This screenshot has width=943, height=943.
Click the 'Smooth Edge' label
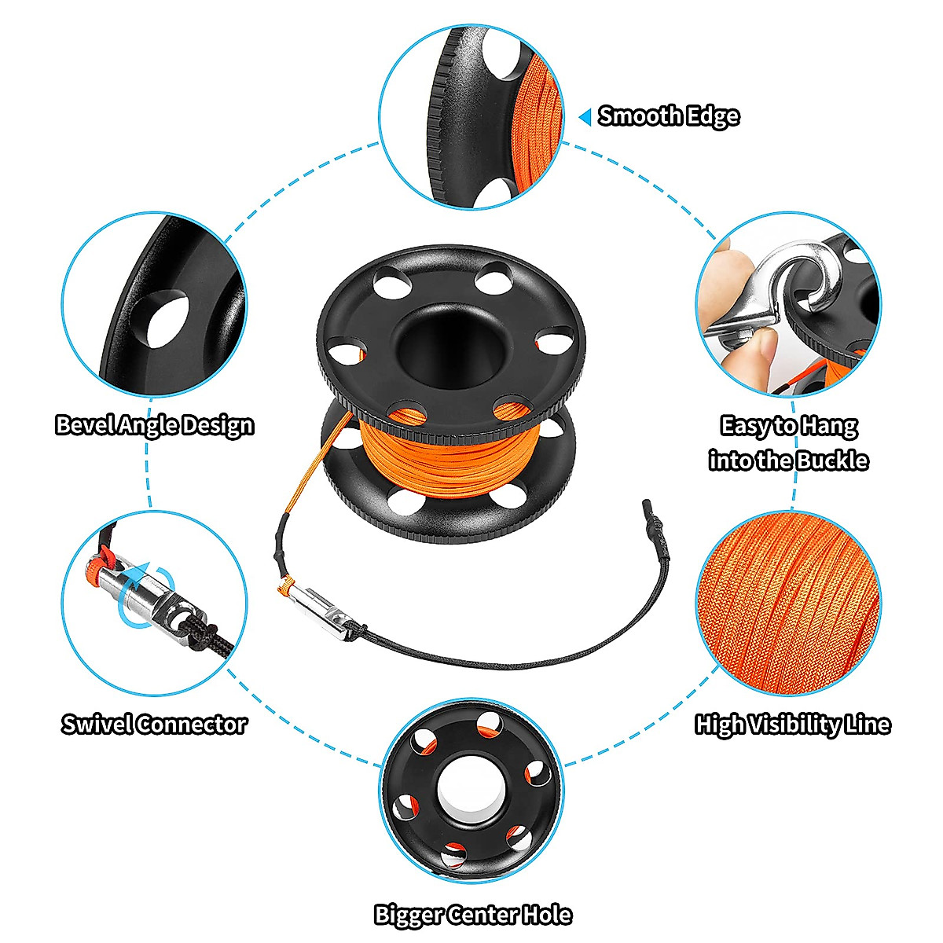pyautogui.click(x=669, y=116)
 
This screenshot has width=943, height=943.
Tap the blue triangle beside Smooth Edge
pyautogui.click(x=585, y=117)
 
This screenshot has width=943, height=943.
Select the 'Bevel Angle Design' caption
pyautogui.click(x=155, y=425)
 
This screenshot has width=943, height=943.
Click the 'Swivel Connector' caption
pyautogui.click(x=155, y=724)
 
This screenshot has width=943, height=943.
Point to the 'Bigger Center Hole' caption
pyautogui.click(x=472, y=915)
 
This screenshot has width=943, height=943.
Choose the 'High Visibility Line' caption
pyautogui.click(x=792, y=724)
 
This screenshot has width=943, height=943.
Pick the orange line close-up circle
pyautogui.click(x=788, y=603)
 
